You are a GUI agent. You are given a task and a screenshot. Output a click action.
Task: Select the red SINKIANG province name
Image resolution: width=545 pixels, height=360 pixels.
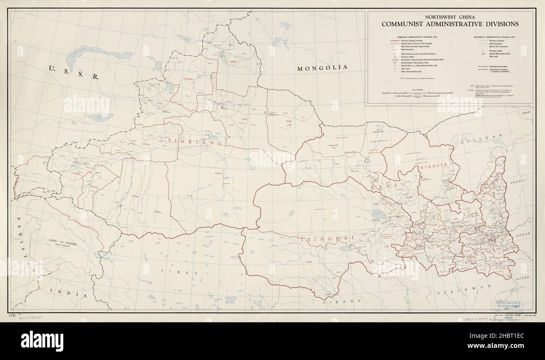[195, 141]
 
